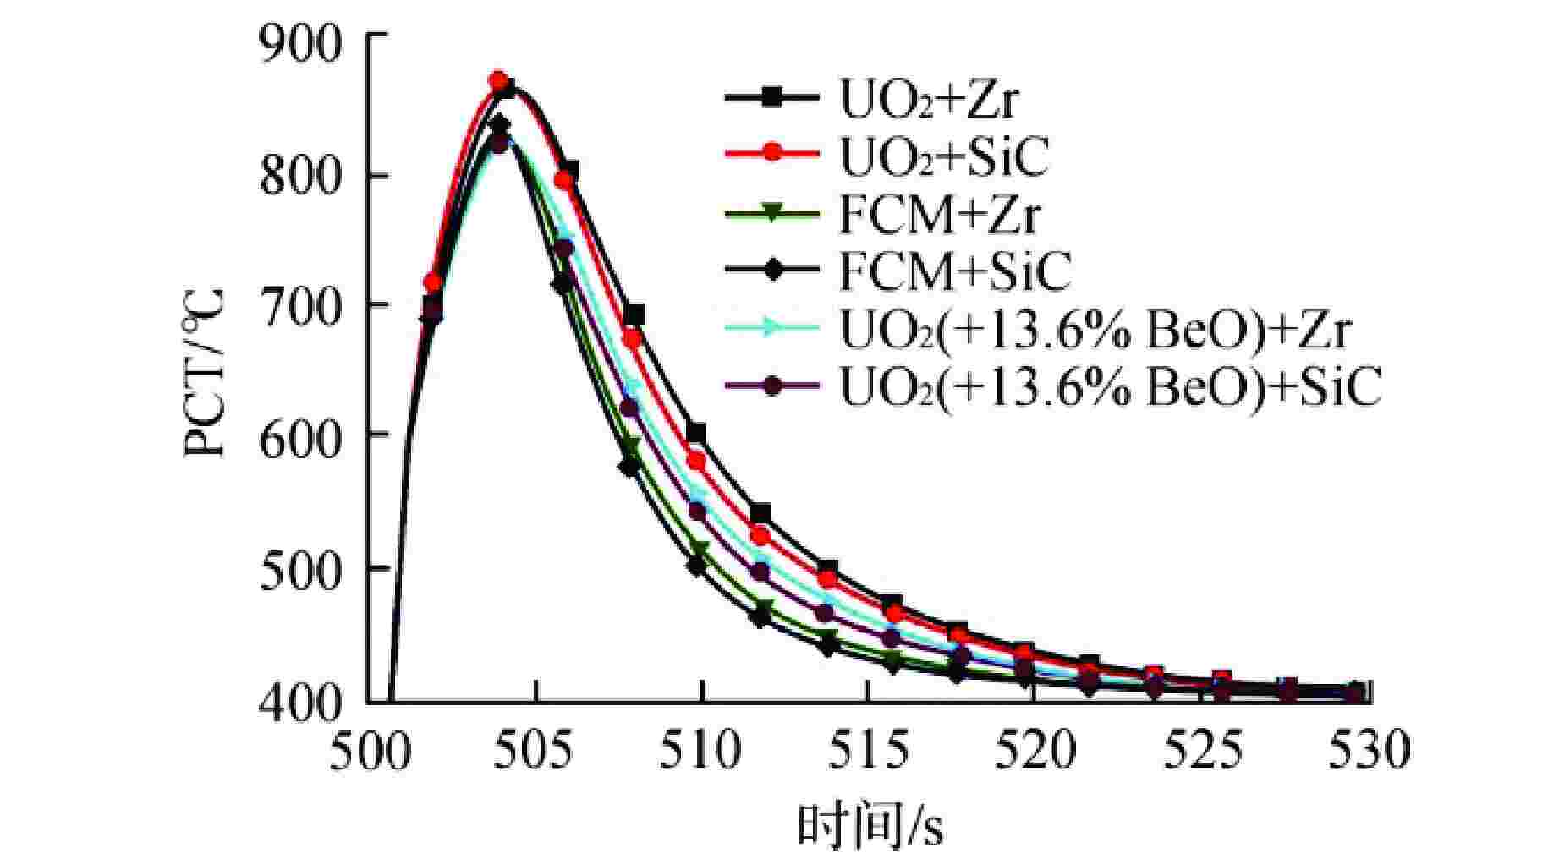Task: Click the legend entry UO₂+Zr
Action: (928, 100)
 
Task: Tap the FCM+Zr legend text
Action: (939, 215)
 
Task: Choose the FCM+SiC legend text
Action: (954, 272)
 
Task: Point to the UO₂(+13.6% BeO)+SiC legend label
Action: (1110, 388)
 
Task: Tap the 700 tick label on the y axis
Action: (299, 306)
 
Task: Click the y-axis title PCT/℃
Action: (206, 372)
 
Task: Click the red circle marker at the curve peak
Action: (499, 81)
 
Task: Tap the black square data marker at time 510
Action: (696, 434)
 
